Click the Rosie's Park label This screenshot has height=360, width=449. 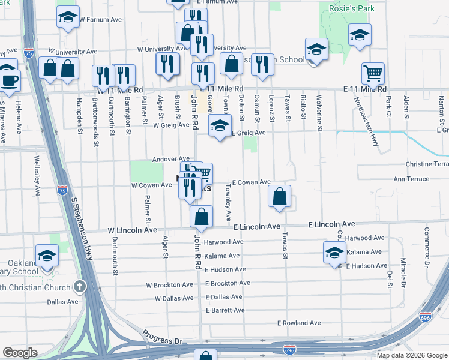click(x=351, y=8)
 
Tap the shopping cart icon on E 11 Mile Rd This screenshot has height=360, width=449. click(x=373, y=74)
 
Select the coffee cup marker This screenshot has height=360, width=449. click(x=9, y=79)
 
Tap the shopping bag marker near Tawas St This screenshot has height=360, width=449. click(x=280, y=196)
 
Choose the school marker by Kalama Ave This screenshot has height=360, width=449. click(x=334, y=253)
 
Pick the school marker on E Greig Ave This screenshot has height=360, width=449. click(x=220, y=126)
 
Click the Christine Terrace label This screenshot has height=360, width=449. click(x=427, y=164)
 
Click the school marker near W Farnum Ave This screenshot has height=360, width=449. click(x=68, y=17)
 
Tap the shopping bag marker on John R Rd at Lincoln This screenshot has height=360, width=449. click(x=202, y=217)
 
